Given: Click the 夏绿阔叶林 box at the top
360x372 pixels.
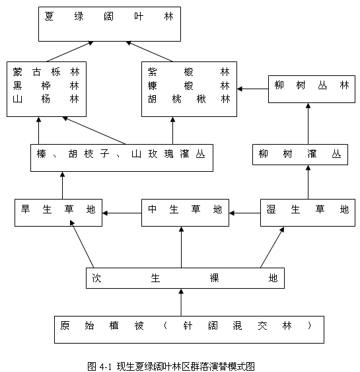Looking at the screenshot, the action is (110, 24).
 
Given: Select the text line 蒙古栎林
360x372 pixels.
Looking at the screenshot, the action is (46, 71).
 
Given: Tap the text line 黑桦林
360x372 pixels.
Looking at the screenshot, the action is (46, 85).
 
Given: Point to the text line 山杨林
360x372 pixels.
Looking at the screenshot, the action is (46, 98).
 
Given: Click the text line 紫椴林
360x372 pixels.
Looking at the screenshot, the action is (189, 71).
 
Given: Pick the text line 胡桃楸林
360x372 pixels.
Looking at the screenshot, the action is (189, 98).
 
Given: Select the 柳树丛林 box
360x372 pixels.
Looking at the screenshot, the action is (312, 89).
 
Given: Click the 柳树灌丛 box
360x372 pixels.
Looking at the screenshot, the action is (301, 155).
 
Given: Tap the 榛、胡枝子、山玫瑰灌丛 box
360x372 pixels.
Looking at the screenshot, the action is (122, 158).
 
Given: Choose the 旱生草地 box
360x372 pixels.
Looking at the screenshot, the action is (58, 213).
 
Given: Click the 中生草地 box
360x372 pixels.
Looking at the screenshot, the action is (185, 213).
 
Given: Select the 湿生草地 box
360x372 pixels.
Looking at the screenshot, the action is (308, 213).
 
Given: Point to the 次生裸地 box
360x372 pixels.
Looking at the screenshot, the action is (185, 278).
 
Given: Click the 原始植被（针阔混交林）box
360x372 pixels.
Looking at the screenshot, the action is (190, 330).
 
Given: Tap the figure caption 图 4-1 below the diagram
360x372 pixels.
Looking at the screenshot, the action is (171, 366).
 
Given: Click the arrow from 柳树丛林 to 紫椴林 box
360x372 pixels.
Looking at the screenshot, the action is (252, 89).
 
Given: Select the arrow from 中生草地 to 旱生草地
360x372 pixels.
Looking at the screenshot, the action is (122, 213).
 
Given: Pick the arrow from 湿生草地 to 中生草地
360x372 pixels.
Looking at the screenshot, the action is (245, 213).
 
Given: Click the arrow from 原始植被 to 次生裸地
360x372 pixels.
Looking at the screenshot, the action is (181, 303).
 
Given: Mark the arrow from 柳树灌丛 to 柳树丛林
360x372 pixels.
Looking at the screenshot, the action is (308, 124).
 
